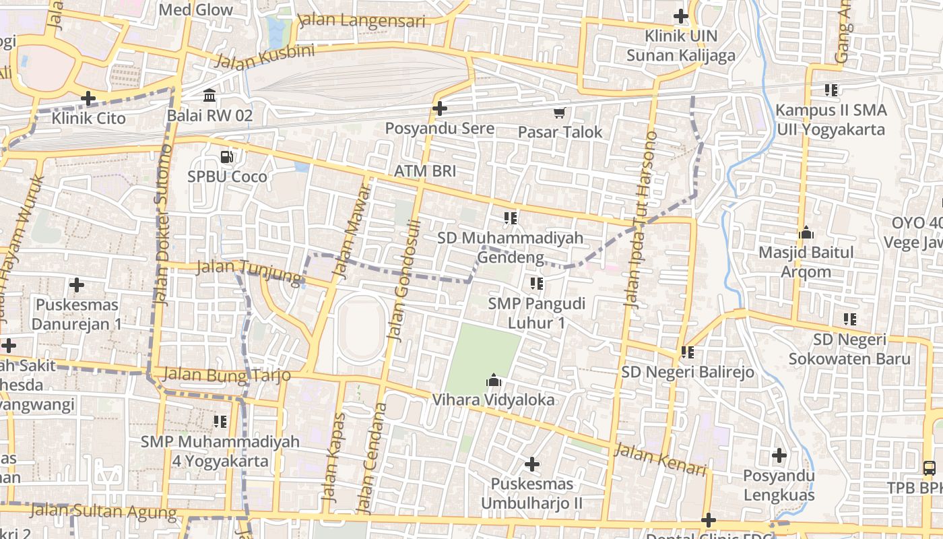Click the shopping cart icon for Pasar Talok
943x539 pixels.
coord(559,113)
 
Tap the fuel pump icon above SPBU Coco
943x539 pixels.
coord(227,157)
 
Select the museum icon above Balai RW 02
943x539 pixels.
coord(209,96)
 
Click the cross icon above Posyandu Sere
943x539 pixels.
coord(440,108)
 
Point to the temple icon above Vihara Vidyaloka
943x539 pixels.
coord(494,381)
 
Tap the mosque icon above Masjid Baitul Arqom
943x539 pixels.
coord(806,233)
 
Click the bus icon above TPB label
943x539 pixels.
coord(930,468)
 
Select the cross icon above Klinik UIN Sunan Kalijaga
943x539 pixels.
coord(681,16)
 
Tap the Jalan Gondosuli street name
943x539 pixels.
coord(403,280)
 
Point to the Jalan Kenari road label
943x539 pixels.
coord(660,459)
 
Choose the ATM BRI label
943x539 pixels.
coord(425,171)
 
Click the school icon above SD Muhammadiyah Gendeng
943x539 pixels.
coord(511,218)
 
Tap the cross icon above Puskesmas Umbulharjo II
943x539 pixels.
coord(532,464)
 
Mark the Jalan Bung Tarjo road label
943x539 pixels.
coord(226,375)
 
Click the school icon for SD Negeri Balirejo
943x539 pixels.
coord(687,352)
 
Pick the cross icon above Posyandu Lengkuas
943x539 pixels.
coord(779,456)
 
